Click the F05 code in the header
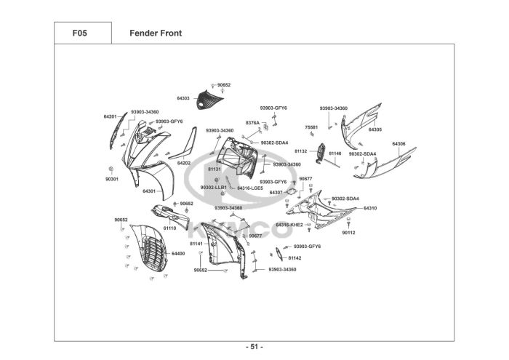point(80,33)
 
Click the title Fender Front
point(156,33)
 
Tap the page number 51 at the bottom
point(254,346)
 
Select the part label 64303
point(183,97)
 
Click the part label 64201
point(110,116)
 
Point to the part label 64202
point(184,163)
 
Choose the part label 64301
point(149,191)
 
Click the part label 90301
point(111,179)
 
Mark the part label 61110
point(169,228)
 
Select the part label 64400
point(178,254)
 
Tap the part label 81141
point(196,244)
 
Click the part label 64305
point(375,129)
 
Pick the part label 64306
point(399,144)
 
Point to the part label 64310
point(370,208)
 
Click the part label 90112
point(349,232)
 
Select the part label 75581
point(311,127)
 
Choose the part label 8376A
point(252,123)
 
